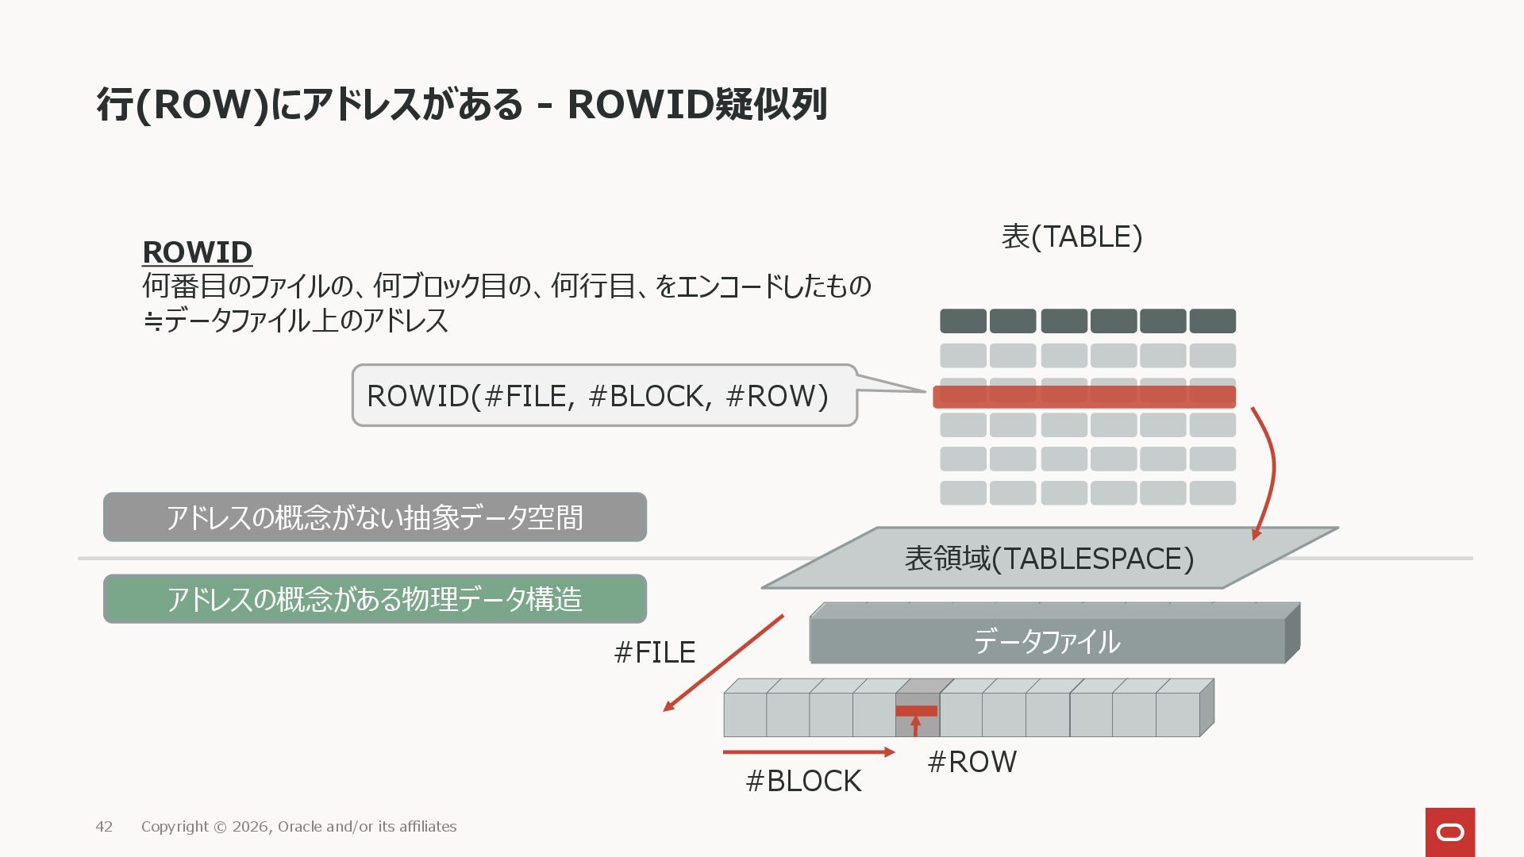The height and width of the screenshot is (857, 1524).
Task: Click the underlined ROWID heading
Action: tap(197, 252)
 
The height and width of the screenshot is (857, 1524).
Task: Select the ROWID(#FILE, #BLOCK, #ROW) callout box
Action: tap(603, 395)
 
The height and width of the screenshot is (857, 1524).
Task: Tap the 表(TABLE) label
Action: tap(1072, 236)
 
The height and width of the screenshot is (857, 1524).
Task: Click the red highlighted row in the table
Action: tap(1083, 397)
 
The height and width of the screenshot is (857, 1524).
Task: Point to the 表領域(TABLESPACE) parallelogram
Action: tap(1049, 559)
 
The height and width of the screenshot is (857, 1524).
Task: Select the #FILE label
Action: tap(654, 652)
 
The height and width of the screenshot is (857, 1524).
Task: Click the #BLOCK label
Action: tap(803, 781)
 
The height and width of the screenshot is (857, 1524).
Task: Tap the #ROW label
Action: tap(972, 762)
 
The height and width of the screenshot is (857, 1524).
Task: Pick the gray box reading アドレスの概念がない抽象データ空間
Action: tap(375, 517)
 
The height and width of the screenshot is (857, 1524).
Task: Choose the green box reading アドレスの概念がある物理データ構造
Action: tap(375, 599)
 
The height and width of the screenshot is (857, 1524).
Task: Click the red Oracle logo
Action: tap(1449, 832)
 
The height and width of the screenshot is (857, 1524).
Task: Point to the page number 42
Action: tap(104, 827)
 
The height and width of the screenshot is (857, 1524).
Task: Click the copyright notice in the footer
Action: tap(298, 827)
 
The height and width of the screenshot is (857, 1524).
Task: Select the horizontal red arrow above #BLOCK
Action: tap(808, 751)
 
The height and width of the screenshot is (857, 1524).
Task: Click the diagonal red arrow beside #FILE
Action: tap(722, 663)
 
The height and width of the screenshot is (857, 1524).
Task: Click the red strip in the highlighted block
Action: tap(916, 711)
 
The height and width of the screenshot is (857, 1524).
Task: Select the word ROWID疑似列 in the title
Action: tap(697, 105)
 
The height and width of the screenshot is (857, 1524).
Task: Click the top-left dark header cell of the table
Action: tap(963, 321)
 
